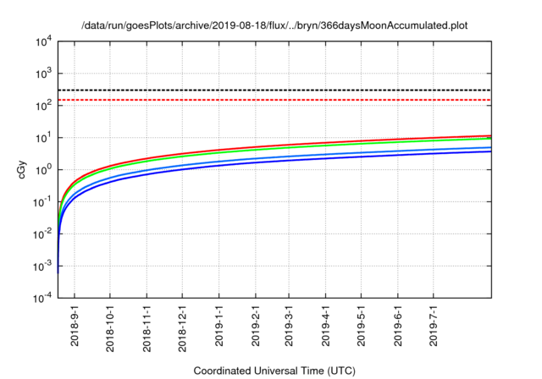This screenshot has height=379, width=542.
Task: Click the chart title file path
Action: (274, 25)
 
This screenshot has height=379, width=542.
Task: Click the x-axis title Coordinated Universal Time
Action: (274, 371)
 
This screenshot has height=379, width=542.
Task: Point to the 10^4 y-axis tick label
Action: (43, 41)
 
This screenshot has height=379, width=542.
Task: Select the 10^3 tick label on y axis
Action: (43, 74)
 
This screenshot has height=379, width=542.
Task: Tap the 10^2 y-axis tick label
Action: (43, 106)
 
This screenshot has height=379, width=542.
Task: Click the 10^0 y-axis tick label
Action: (43, 169)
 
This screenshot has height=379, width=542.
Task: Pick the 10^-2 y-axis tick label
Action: (42, 233)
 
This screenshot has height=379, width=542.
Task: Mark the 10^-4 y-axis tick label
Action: (42, 298)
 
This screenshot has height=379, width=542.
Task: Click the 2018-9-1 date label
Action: (75, 327)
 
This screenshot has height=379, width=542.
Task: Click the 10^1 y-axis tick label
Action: (43, 137)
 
